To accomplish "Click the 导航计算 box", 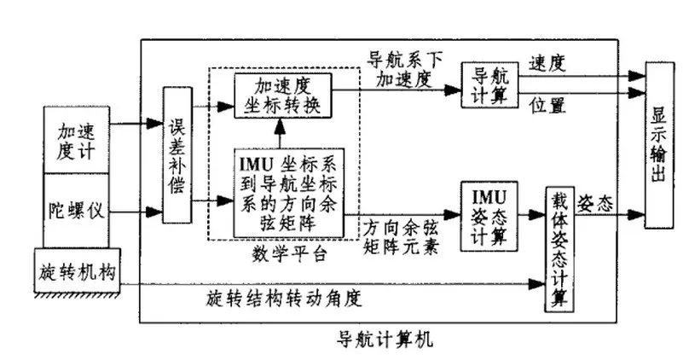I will [x=489, y=84].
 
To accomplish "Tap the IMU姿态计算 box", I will [x=489, y=214].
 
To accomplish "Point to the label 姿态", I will [x=596, y=202].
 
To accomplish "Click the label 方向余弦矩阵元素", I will [x=402, y=236].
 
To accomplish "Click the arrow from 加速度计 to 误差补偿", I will [x=141, y=125].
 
